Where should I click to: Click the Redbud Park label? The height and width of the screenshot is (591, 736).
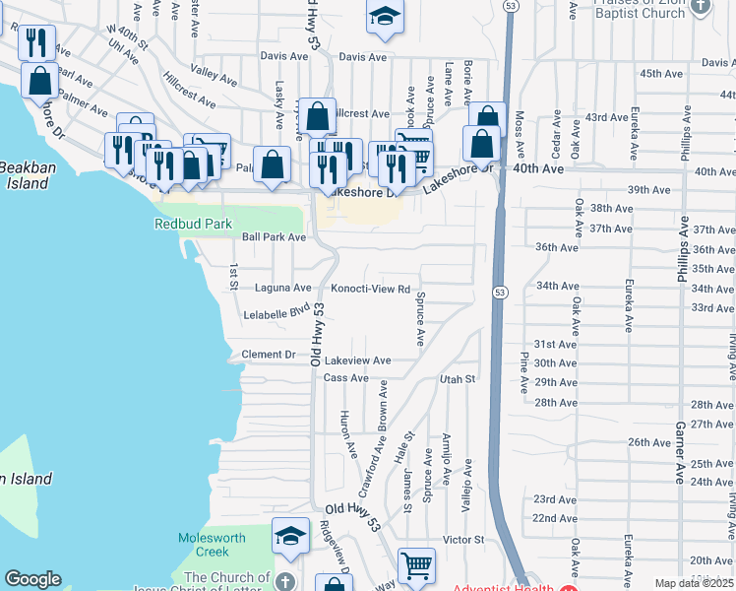(193, 224)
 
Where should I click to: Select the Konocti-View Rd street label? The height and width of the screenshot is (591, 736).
(370, 289)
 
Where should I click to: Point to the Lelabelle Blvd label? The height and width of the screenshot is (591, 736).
(276, 314)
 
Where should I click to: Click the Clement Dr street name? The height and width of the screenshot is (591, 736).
(269, 355)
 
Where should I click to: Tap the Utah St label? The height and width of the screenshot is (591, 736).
(458, 378)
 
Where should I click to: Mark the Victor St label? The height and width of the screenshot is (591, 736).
(463, 540)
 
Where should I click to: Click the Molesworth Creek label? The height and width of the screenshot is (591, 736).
(205, 545)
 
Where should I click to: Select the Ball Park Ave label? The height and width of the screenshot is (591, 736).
(275, 237)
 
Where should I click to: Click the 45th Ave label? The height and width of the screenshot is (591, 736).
(661, 74)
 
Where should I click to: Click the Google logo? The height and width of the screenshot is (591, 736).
(32, 579)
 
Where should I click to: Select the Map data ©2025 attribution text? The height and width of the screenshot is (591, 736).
(695, 583)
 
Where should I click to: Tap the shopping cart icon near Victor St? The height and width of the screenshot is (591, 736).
(416, 566)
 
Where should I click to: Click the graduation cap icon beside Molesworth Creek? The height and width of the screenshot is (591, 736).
(290, 536)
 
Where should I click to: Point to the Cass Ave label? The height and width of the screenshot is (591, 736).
(345, 378)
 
